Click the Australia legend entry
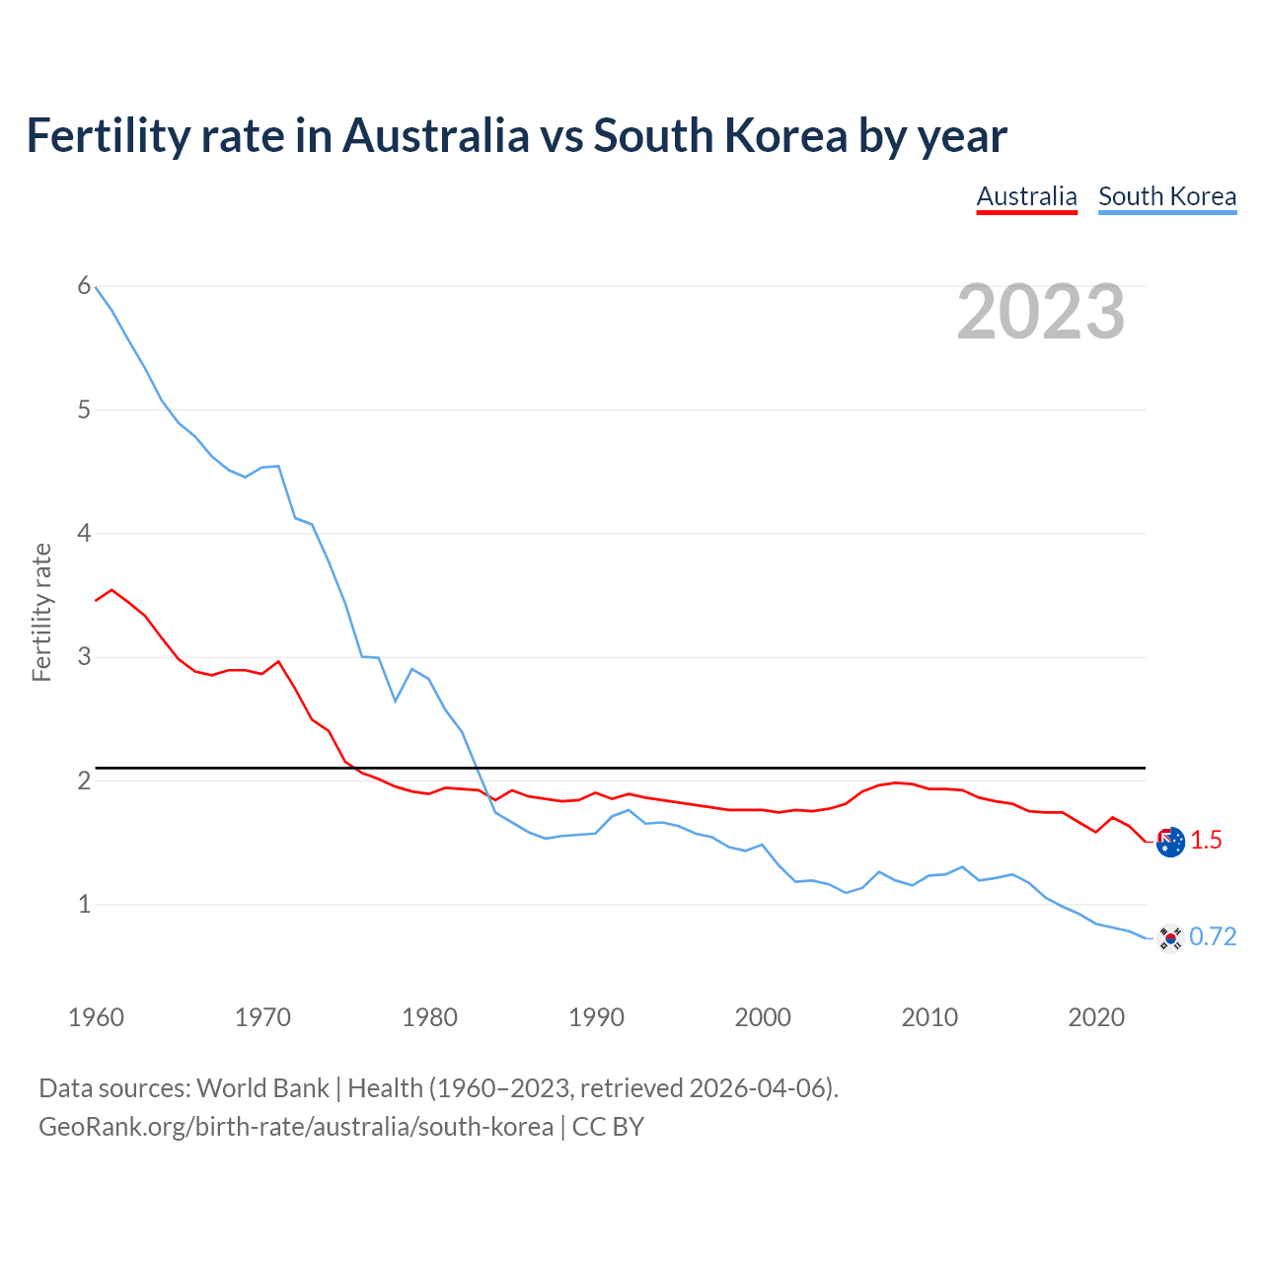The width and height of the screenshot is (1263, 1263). [x=1026, y=196]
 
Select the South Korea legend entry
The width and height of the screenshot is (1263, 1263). [x=1167, y=196]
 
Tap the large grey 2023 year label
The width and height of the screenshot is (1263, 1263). [x=1041, y=312]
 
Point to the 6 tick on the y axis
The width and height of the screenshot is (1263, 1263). [x=84, y=286]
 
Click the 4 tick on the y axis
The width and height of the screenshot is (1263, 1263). [x=84, y=534]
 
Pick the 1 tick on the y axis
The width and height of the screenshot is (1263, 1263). [x=84, y=904]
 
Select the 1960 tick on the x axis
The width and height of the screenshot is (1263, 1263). [x=96, y=1017]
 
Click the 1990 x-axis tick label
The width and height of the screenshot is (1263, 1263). [x=596, y=1017]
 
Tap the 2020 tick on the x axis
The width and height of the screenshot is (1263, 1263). [x=1096, y=1017]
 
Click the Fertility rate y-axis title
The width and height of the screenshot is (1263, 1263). [x=41, y=612]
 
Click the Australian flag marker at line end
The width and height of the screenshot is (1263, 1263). [x=1170, y=842]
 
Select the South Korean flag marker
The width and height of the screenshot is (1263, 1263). [x=1170, y=937]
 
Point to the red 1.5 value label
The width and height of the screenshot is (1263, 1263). [x=1206, y=840]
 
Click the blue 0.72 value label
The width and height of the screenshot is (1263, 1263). [x=1213, y=936]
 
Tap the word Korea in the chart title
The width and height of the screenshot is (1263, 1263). [x=785, y=136]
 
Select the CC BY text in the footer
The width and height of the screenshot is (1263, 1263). [x=608, y=1127]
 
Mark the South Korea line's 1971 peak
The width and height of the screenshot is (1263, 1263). [x=278, y=466]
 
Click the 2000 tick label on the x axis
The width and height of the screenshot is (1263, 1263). [x=763, y=1017]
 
